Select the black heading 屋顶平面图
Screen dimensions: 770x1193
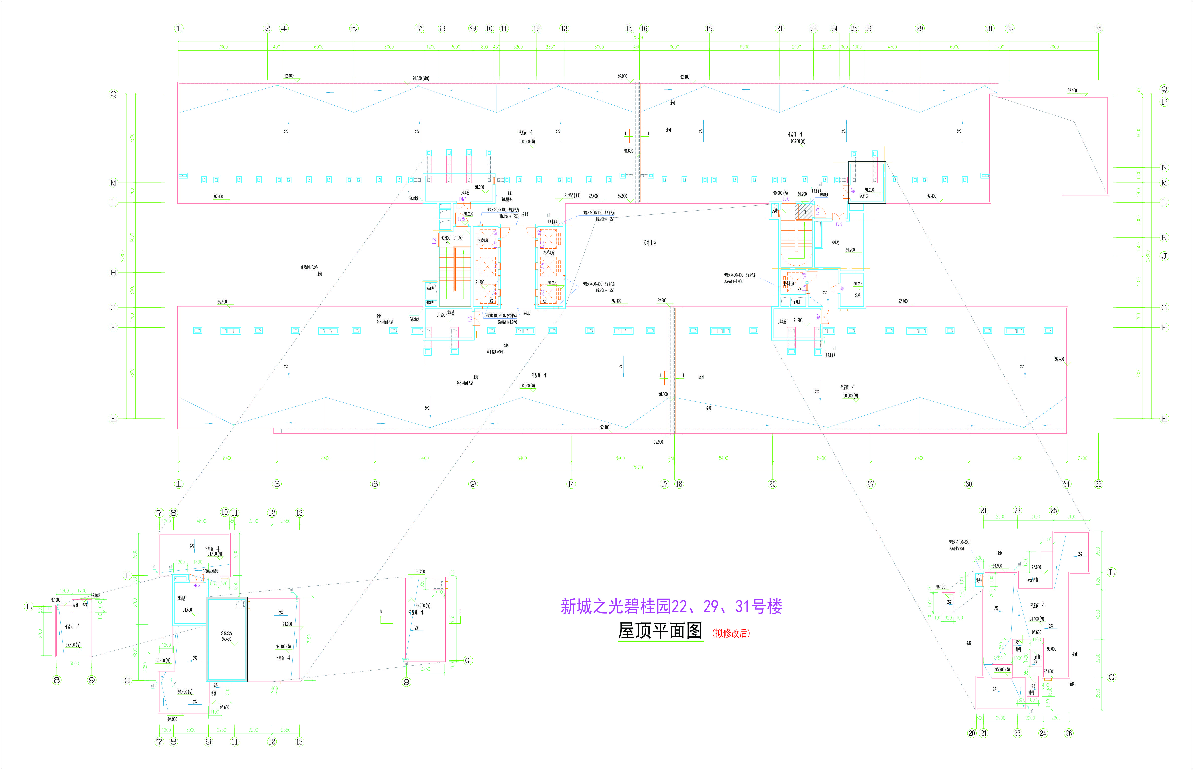(660, 631)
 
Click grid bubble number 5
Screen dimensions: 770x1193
(354, 29)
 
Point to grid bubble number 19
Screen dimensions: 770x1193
(709, 29)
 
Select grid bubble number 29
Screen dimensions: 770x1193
(920, 29)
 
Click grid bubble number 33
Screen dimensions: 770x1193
(1010, 29)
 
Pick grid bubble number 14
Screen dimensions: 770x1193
(571, 484)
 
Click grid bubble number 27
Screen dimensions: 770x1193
(871, 484)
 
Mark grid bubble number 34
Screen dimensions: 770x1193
(1066, 484)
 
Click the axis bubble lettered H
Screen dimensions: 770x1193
(113, 273)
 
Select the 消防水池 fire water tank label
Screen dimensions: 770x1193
(226, 633)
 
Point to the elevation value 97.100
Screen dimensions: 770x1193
(95, 595)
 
